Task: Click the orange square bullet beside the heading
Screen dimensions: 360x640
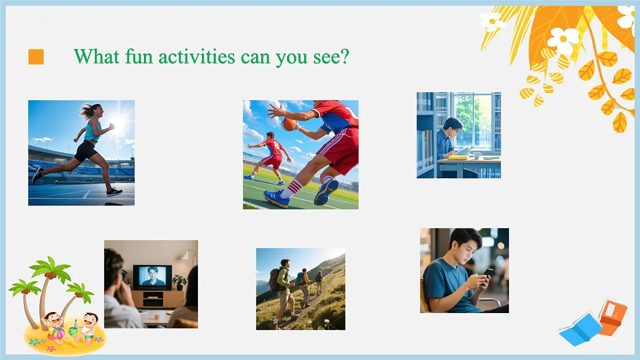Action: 36,57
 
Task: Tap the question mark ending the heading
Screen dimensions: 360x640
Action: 344,56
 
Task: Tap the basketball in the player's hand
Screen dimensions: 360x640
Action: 289,124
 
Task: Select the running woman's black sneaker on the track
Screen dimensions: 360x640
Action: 114,192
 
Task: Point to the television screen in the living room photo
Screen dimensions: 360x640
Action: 152,277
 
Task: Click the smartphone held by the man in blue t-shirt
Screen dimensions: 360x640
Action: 488,273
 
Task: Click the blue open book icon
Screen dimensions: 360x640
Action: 580,329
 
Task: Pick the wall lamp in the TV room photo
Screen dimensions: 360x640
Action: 187,255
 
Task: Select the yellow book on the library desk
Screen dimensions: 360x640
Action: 458,157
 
